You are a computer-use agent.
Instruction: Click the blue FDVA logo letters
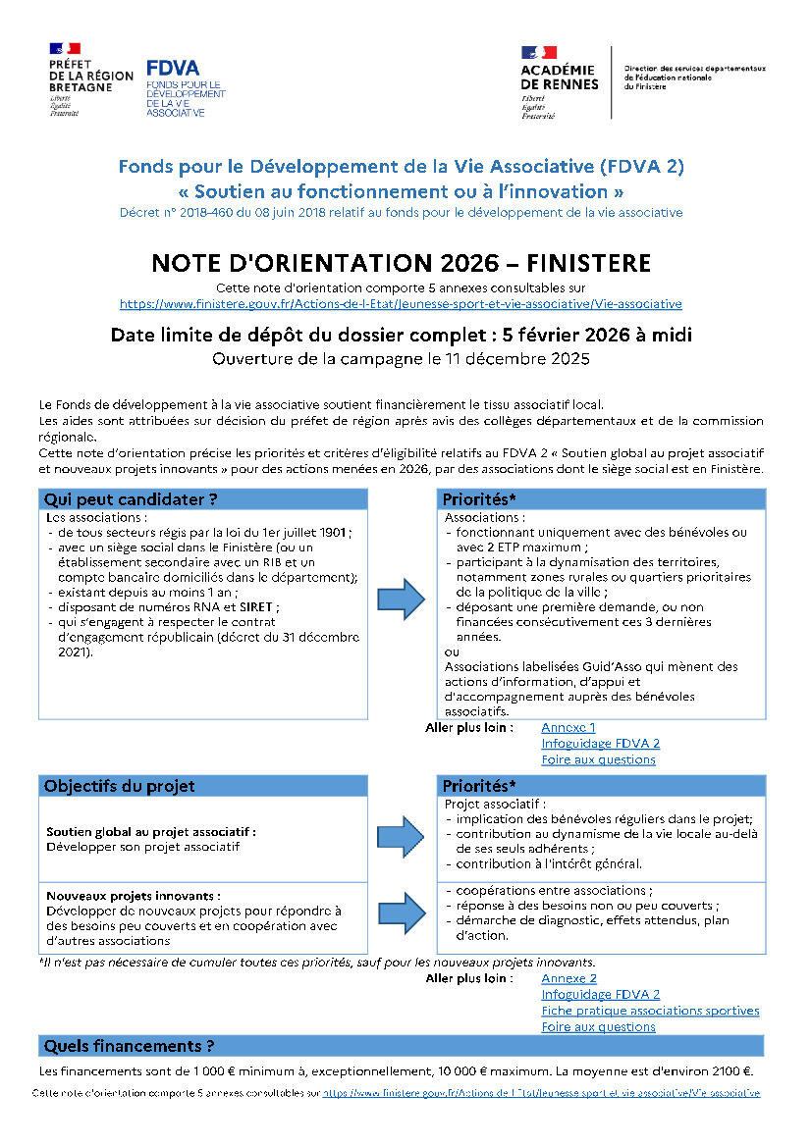(172, 68)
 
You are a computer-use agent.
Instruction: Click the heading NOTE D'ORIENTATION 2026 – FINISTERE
(401, 263)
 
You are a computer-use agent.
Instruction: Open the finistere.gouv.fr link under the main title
(401, 304)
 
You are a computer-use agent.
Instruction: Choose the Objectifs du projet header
(120, 786)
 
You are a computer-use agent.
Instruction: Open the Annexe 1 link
(568, 727)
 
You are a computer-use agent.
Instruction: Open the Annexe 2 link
(568, 978)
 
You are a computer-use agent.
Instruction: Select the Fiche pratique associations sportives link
(650, 1011)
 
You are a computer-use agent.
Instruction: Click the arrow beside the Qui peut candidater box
(403, 599)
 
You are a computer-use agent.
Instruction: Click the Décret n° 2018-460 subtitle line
(401, 212)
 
